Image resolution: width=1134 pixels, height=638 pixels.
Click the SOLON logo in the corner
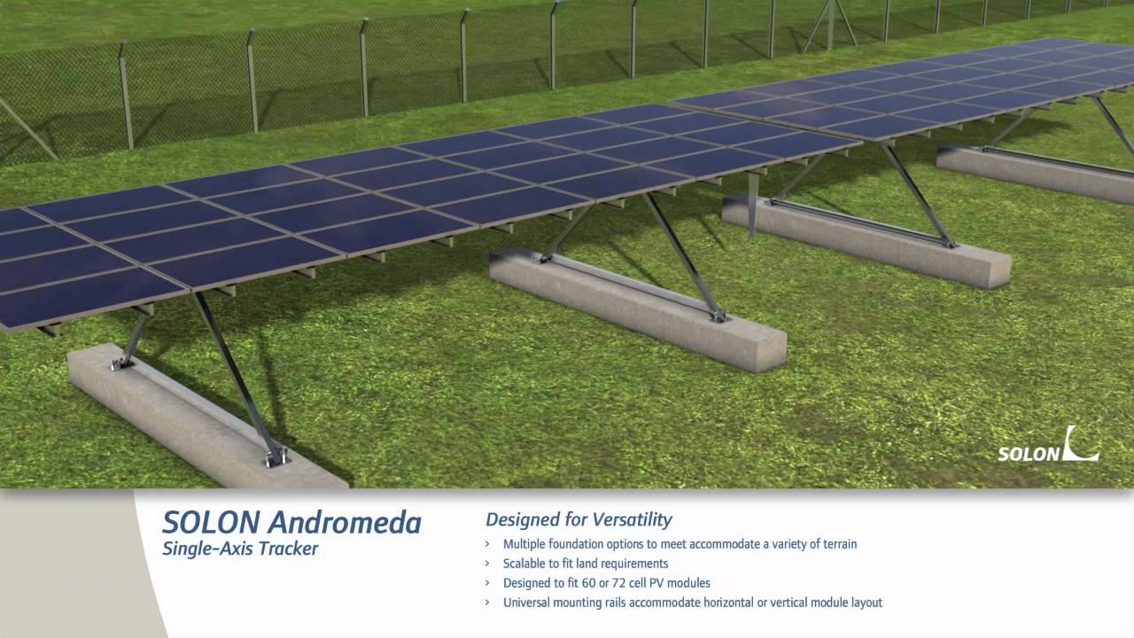1048,446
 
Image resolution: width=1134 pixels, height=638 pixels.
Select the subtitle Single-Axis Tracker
240,549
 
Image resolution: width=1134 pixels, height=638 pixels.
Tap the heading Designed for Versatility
579,520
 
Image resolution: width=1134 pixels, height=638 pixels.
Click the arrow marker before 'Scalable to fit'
487,564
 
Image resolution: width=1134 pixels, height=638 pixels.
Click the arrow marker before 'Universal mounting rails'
487,603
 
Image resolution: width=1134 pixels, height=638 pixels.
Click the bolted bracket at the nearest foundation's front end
274,456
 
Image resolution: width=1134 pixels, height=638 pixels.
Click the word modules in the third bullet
689,583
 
